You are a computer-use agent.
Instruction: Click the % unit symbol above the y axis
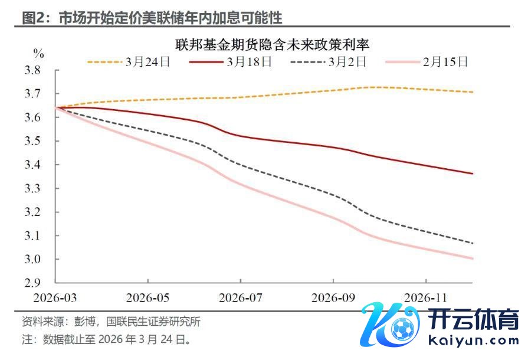pyautogui.click(x=39, y=53)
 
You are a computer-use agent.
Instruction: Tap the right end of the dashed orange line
pyautogui.click(x=473, y=92)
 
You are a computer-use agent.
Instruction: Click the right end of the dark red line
pyautogui.click(x=473, y=174)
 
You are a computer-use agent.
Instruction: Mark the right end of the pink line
pyautogui.click(x=473, y=258)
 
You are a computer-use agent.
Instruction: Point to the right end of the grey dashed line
pyautogui.click(x=473, y=243)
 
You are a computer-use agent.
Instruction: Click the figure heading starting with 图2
pyautogui.click(x=152, y=18)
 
